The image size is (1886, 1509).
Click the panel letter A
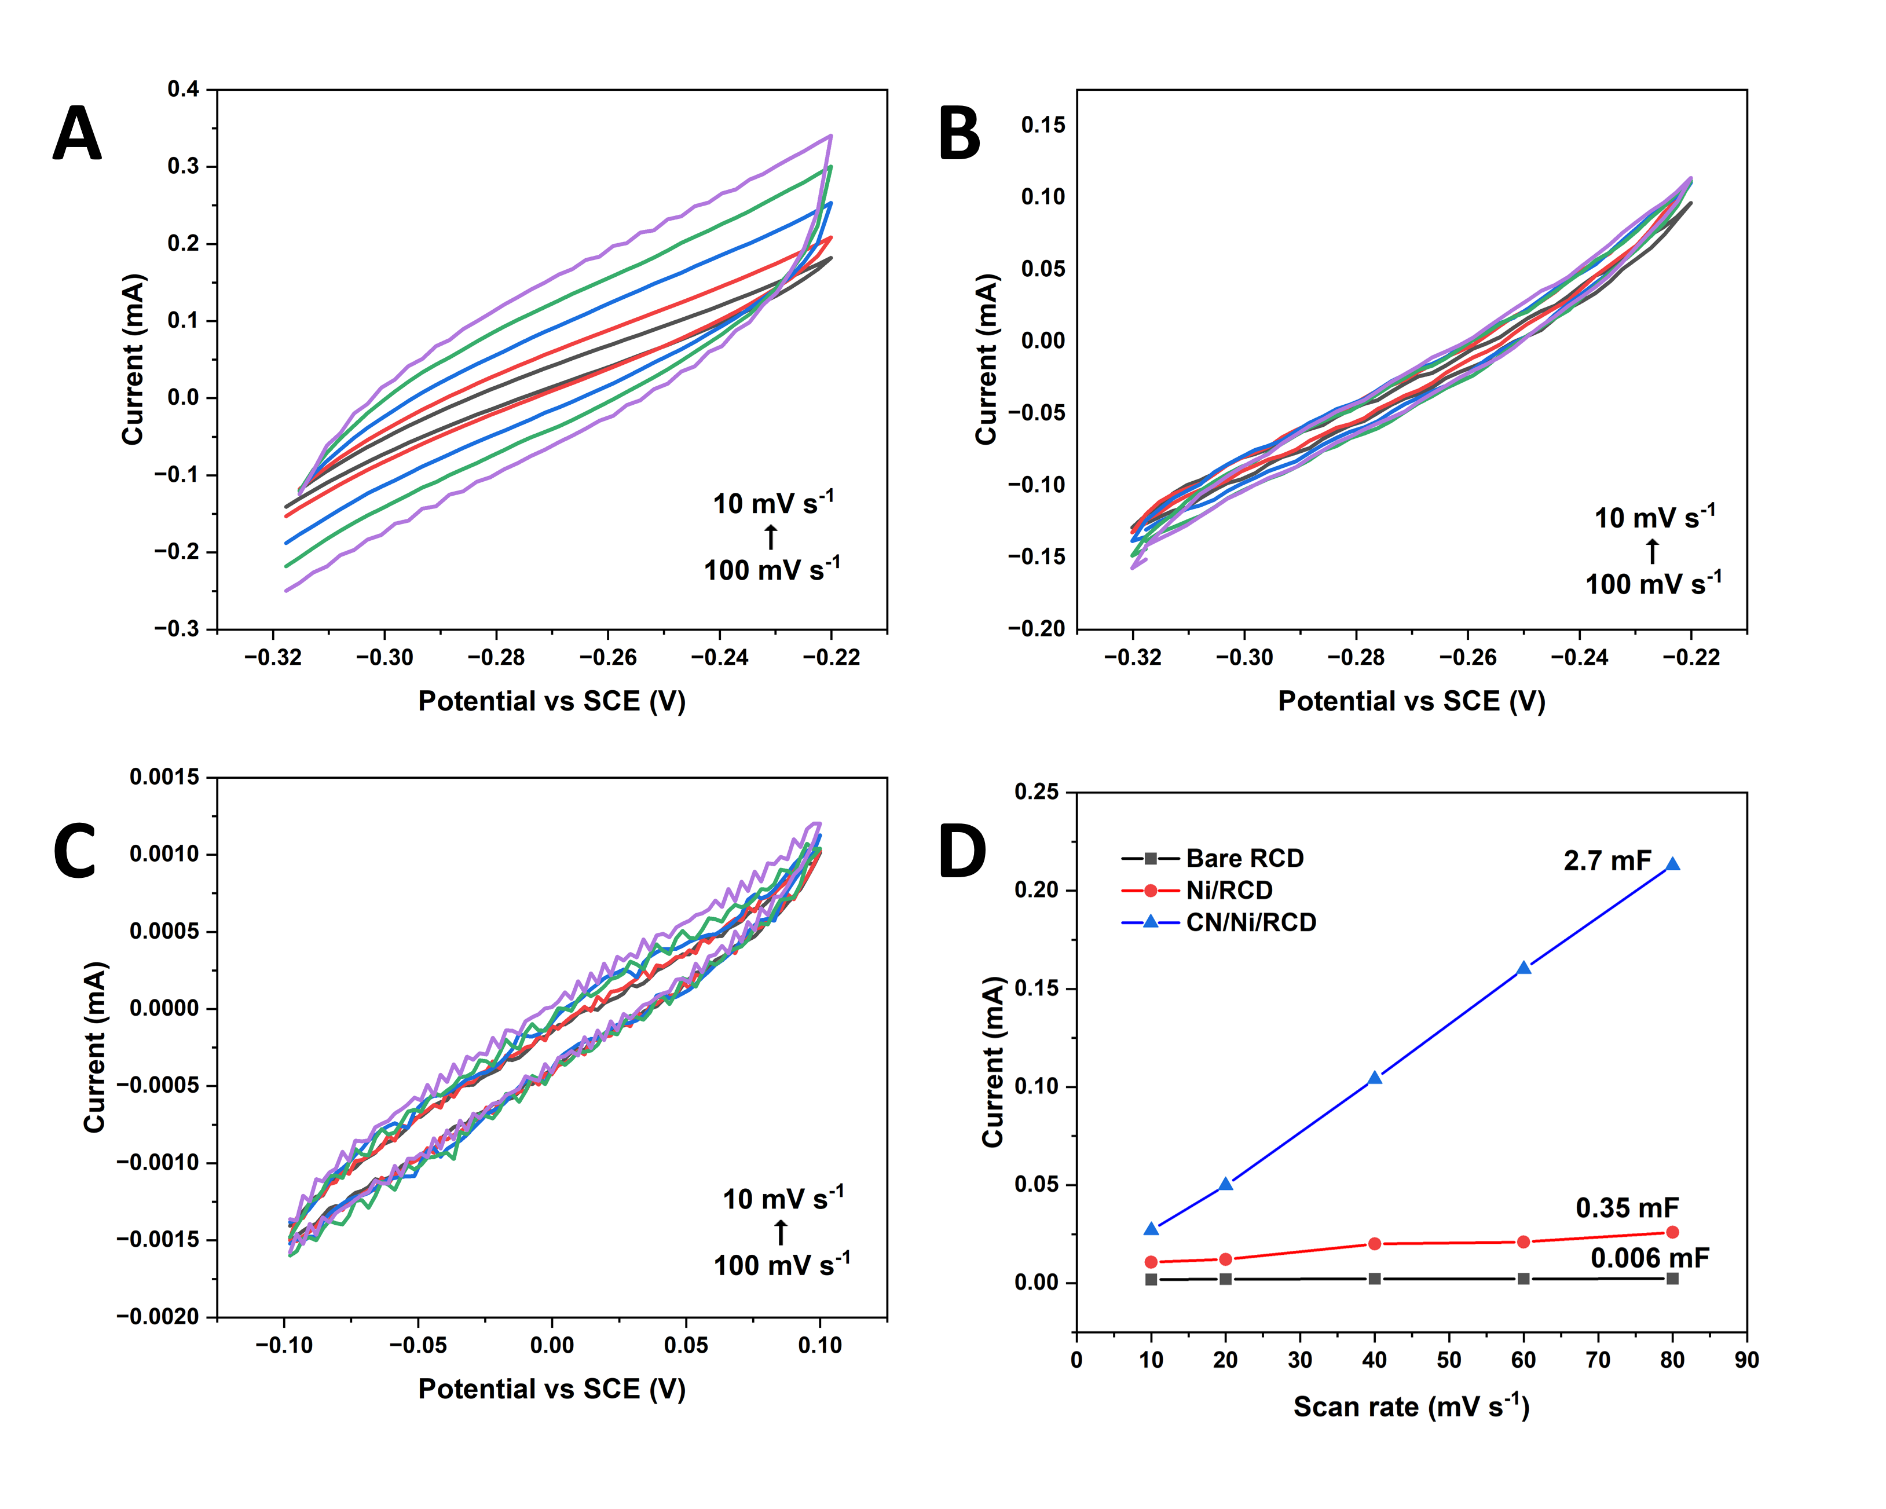coord(77,134)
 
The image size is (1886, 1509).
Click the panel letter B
coord(959,134)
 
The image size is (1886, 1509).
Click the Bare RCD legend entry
coord(1244,858)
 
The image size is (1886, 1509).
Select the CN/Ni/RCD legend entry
coord(1250,922)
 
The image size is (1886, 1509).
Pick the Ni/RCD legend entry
coord(1228,891)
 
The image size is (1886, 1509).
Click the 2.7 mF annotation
coord(1607,861)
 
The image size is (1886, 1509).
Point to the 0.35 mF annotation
coord(1627,1208)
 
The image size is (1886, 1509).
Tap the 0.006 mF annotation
coord(1649,1258)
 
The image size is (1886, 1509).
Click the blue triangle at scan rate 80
coord(1672,865)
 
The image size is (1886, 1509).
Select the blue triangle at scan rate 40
coord(1374,1078)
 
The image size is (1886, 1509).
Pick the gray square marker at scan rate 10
coord(1151,1280)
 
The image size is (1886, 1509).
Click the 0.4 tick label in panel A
coord(183,89)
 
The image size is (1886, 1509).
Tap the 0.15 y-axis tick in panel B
coord(1043,125)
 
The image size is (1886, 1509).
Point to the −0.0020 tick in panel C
coord(158,1317)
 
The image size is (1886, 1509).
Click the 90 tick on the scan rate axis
coord(1747,1360)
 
